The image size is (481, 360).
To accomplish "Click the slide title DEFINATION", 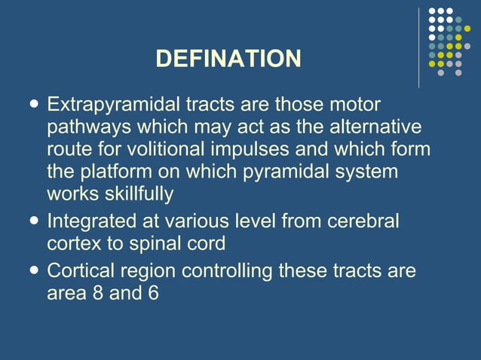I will (x=228, y=58).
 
